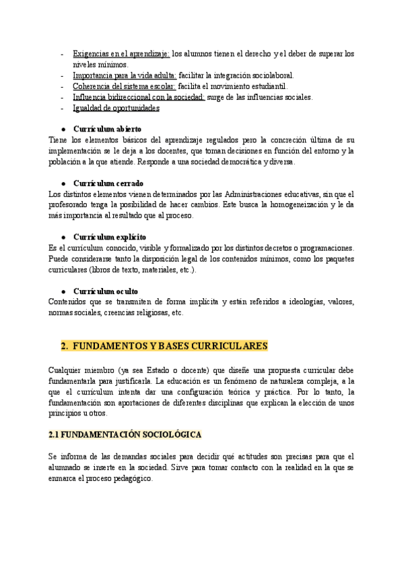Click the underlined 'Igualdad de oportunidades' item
coord(116,108)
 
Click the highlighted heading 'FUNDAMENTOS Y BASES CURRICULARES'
coord(170,346)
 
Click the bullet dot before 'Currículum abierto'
coord(63,129)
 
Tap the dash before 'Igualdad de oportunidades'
coord(62,108)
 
